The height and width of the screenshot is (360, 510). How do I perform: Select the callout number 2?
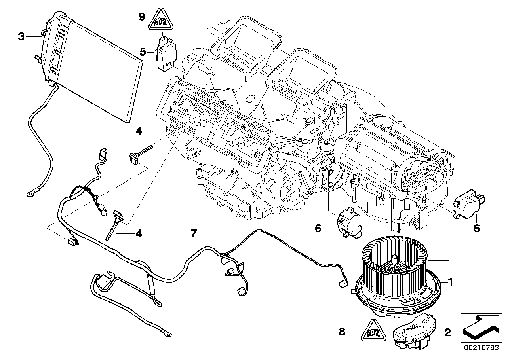(x=447, y=333)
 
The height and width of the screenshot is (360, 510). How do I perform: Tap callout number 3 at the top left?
(x=21, y=37)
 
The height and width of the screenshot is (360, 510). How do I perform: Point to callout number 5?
(x=143, y=51)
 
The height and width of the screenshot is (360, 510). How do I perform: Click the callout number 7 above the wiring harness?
(x=193, y=234)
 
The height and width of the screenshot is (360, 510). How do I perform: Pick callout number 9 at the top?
(x=142, y=17)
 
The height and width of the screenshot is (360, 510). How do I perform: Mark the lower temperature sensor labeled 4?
(x=116, y=222)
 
